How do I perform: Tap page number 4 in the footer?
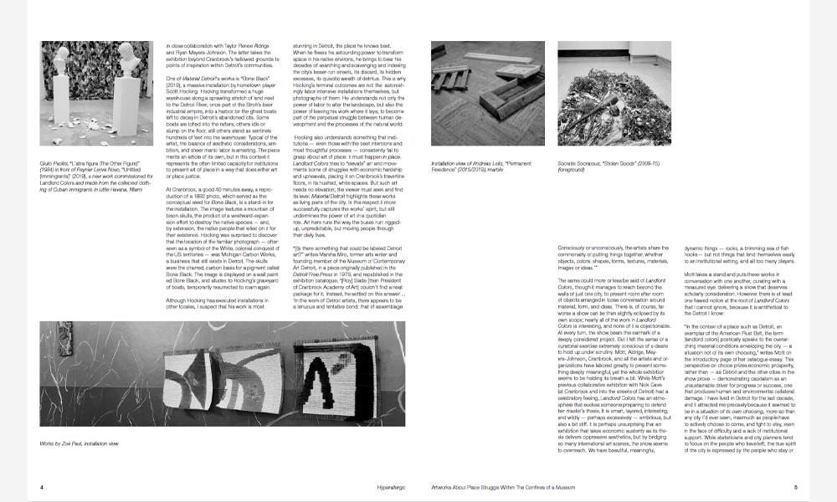[42, 486]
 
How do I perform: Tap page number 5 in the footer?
[795, 486]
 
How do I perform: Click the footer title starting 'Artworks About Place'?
[501, 486]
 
